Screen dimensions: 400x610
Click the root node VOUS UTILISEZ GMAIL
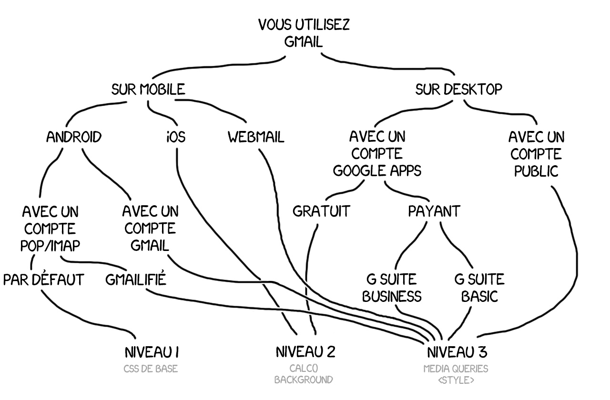304,33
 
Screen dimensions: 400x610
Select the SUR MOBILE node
148,90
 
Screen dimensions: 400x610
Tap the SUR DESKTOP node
458,90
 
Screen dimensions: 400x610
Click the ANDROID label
74,137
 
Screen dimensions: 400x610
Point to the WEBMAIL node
256,137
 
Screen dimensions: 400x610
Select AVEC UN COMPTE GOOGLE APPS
377,154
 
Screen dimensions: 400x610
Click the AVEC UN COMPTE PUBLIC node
536,154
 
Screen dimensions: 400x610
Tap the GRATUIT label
321,211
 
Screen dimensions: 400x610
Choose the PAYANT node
434,211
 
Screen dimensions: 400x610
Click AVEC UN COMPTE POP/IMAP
50,229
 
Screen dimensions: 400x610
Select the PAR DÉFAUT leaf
43,280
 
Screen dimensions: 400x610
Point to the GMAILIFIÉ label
136,280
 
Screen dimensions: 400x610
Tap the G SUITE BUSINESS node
392,288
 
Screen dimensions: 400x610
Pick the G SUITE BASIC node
479,288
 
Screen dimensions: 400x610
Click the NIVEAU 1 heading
152,352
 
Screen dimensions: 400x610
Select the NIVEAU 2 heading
305,352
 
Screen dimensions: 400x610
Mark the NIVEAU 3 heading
457,352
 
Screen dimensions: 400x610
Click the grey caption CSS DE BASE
151,369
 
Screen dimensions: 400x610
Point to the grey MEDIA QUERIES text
456,369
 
